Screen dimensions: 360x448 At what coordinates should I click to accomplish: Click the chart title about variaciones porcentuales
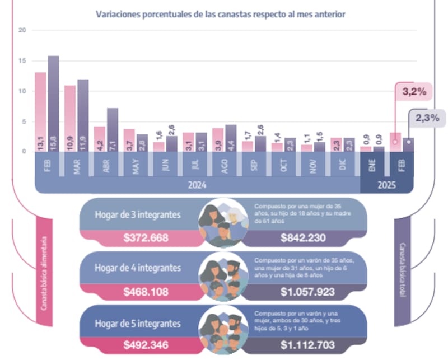pos(221,14)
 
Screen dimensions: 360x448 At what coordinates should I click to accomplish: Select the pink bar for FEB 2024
pos(41,112)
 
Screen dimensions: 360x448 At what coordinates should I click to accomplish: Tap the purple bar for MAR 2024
pos(83,115)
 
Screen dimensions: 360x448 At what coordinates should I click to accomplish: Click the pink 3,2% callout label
pos(412,91)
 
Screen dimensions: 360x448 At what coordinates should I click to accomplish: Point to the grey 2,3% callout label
pos(427,118)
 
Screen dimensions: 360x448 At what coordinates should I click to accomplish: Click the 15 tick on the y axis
pos(22,60)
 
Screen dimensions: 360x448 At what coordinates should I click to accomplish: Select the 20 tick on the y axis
pos(22,30)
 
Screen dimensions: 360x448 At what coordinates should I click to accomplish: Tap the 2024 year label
pos(197,185)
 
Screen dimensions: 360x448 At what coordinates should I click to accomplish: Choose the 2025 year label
pos(386,185)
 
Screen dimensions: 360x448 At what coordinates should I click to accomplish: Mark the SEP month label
pos(254,165)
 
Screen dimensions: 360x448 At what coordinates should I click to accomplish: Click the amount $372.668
pos(146,238)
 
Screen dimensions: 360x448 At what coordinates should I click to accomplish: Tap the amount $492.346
pos(146,345)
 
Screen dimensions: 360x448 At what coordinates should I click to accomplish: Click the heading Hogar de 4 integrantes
pos(138,268)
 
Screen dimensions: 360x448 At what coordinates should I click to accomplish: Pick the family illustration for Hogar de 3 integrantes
pos(223,223)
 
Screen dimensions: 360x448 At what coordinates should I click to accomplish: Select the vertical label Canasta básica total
pos(402,272)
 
